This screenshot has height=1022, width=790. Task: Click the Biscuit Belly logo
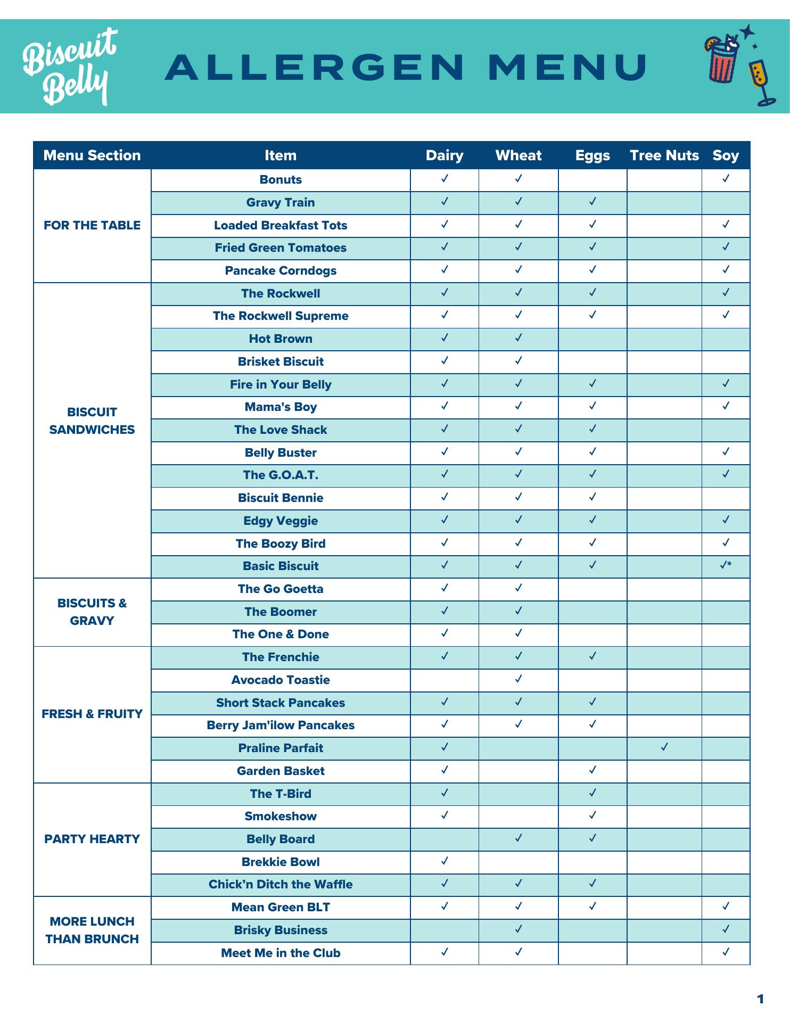click(69, 67)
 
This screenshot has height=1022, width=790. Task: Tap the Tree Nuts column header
click(664, 155)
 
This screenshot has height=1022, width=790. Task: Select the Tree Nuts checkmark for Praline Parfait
click(664, 747)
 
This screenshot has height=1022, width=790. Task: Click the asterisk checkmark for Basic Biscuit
click(725, 565)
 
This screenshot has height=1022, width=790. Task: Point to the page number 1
click(760, 999)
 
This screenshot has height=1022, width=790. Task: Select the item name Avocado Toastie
click(281, 680)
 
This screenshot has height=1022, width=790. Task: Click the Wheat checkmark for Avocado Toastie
click(519, 679)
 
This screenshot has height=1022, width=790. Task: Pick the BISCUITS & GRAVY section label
click(92, 612)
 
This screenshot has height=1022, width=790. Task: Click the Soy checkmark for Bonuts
click(725, 178)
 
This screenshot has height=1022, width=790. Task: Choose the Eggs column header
click(592, 155)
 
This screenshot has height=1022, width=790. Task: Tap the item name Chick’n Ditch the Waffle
click(281, 884)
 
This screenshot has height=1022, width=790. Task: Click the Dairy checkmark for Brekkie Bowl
click(445, 861)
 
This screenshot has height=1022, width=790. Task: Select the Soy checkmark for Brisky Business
click(725, 929)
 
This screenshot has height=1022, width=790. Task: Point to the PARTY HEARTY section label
click(92, 839)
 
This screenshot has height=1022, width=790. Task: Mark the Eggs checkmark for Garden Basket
click(592, 770)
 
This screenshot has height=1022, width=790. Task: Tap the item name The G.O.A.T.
click(281, 475)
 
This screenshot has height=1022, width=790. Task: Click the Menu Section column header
click(92, 155)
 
